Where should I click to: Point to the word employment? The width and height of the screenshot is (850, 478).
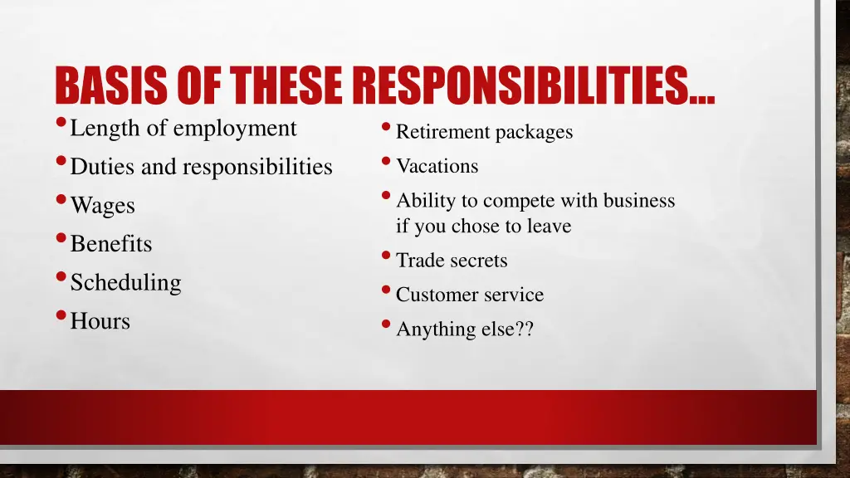(x=235, y=129)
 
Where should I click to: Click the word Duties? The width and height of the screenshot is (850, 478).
(x=104, y=167)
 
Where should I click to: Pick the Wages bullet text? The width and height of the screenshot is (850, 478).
(x=103, y=206)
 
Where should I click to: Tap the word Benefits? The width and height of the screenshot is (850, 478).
(x=111, y=244)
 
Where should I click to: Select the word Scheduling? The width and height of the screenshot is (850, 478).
(x=125, y=283)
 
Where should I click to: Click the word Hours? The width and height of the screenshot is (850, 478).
(x=100, y=321)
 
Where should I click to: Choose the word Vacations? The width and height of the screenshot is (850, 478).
(x=437, y=166)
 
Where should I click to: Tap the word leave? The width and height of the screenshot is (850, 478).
(x=549, y=226)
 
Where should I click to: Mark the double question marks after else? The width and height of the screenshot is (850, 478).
(x=523, y=329)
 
